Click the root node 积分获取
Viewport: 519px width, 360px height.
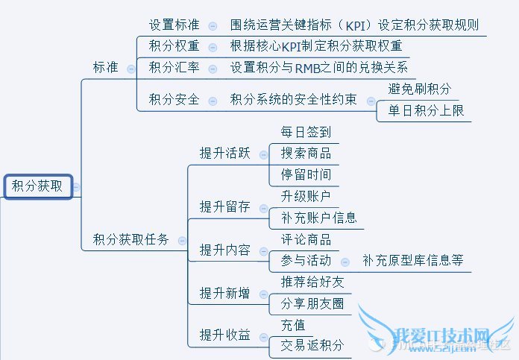point(37,186)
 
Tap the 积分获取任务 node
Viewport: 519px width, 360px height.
point(131,239)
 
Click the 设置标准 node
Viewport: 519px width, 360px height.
point(174,25)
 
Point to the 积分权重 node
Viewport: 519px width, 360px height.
point(174,46)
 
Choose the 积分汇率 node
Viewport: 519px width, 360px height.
point(174,68)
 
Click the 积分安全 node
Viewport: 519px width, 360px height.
point(174,99)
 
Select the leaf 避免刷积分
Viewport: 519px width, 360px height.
point(420,89)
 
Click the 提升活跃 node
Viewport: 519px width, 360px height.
point(224,154)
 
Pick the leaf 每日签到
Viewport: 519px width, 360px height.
point(306,132)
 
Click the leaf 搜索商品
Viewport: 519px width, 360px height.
point(306,154)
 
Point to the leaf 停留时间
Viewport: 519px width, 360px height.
point(306,175)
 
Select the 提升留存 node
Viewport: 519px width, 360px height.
point(224,206)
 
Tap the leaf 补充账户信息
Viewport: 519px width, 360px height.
point(318,218)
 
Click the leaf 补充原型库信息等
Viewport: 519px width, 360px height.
point(412,261)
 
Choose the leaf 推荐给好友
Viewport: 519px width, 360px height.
point(312,282)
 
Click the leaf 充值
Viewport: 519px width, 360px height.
point(293,325)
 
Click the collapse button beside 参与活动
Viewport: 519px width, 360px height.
point(345,261)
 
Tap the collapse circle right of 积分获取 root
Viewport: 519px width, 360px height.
point(76,187)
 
